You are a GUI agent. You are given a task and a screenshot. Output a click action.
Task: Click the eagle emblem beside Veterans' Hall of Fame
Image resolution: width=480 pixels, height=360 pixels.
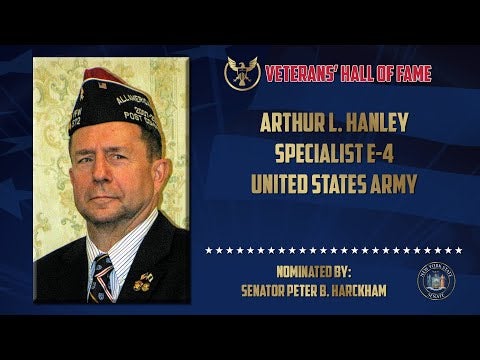(242, 73)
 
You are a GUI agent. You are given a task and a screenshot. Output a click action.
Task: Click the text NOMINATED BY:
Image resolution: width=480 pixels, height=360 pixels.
(314, 272)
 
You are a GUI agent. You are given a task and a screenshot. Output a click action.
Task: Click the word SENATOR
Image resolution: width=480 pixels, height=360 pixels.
(262, 291)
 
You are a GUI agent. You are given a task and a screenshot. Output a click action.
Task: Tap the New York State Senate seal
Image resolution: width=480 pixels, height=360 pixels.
(436, 280)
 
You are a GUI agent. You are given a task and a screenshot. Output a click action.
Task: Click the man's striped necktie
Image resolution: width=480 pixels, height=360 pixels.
(101, 279)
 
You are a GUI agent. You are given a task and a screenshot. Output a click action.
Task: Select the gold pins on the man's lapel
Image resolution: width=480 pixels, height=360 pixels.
(143, 282)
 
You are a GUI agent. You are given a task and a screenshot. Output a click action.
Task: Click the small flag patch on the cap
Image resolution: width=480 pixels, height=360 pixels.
(103, 86)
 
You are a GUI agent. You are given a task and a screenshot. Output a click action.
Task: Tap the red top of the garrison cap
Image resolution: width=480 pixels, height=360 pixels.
(103, 75)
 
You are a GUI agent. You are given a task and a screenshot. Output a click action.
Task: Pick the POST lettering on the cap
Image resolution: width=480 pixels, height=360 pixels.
(132, 116)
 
